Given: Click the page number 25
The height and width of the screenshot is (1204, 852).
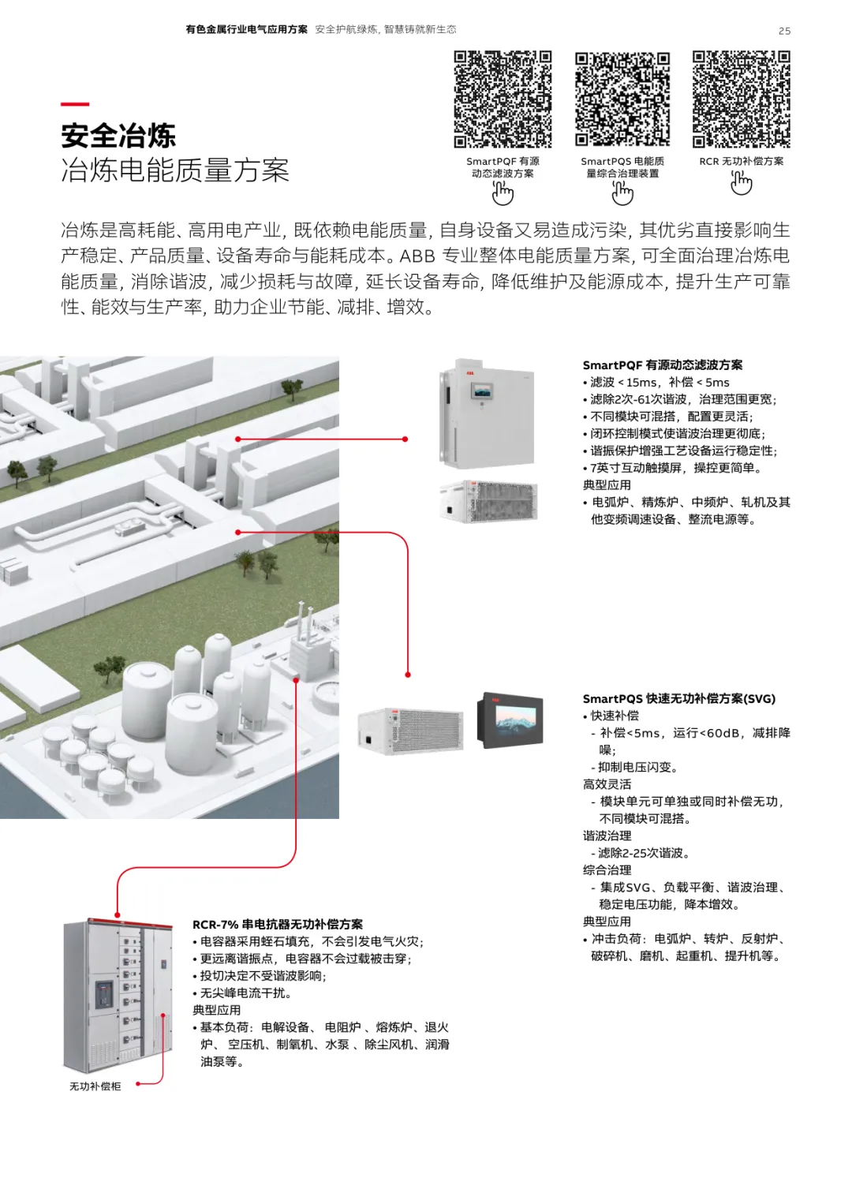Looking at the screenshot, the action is [x=784, y=32].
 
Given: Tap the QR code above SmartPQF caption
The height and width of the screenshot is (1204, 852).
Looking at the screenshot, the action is [x=503, y=99].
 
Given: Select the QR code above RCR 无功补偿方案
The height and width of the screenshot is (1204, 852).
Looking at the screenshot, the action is [x=742, y=99].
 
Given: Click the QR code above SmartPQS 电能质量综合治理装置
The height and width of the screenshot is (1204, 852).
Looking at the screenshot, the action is [x=622, y=99].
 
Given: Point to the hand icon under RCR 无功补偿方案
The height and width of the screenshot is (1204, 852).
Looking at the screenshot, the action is [x=742, y=183].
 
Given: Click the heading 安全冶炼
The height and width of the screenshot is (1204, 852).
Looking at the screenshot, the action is [x=118, y=136].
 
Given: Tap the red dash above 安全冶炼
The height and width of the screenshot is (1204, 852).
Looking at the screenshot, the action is [x=75, y=103].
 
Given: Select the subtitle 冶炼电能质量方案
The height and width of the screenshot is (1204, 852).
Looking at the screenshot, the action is [x=175, y=170].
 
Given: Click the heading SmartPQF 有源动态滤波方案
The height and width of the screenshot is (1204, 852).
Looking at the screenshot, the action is [x=662, y=365].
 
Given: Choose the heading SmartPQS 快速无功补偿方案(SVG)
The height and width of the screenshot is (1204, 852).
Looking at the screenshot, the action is [x=679, y=699].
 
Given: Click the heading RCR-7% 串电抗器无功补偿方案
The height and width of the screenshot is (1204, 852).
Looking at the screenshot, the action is [x=278, y=925].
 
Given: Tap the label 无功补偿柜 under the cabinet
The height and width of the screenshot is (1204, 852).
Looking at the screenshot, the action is [x=95, y=1086].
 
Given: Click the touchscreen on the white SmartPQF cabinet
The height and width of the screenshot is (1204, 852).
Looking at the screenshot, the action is [x=485, y=391].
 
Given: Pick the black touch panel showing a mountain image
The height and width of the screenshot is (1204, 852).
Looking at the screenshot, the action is [x=510, y=720].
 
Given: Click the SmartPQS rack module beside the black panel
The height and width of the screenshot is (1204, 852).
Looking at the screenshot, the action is [x=411, y=731].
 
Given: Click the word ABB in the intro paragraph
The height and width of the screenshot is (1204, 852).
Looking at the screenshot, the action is [x=417, y=256].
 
